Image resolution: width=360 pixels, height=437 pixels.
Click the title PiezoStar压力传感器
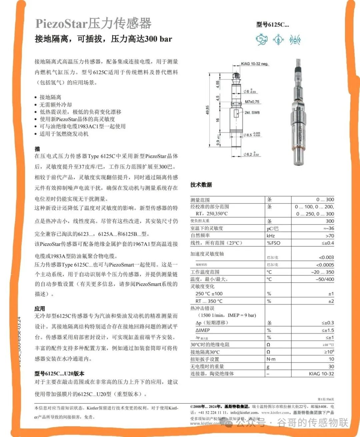(x=93, y=23)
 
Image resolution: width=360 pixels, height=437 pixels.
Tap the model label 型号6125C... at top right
(x=272, y=24)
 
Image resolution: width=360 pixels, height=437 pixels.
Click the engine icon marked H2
(x=261, y=40)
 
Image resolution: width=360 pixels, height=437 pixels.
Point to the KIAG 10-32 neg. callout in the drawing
(x=255, y=63)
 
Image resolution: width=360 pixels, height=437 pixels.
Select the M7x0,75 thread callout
(x=252, y=102)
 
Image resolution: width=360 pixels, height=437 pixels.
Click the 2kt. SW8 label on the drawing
(x=252, y=112)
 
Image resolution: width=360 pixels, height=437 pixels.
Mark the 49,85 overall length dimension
(x=207, y=110)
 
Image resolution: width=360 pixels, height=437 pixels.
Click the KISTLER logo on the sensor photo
(x=301, y=133)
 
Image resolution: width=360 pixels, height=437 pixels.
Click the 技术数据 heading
(x=201, y=184)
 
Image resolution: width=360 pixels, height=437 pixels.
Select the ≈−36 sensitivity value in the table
(x=328, y=229)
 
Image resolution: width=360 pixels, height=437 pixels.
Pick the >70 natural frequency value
(x=329, y=236)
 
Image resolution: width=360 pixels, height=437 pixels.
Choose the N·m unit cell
(x=271, y=359)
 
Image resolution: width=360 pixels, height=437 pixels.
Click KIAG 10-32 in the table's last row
(x=321, y=374)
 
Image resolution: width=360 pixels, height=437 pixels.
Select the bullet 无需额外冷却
(x=56, y=104)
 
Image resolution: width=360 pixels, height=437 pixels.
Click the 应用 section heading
(x=40, y=309)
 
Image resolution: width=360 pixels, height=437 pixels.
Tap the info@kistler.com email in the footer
(x=244, y=413)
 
